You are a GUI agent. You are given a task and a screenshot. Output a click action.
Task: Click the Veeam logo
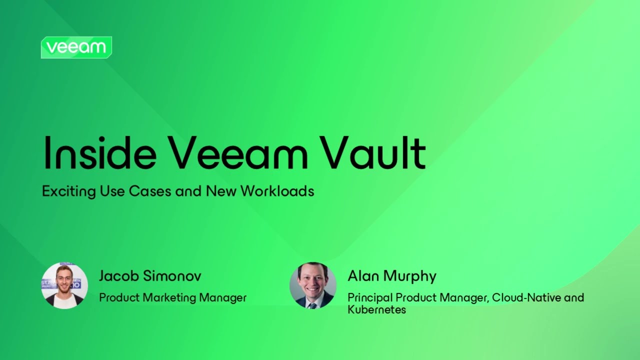click(76, 47)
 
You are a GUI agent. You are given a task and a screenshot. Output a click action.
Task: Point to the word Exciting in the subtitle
click(63, 191)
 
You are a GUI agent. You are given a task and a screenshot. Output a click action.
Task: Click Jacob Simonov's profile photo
click(64, 285)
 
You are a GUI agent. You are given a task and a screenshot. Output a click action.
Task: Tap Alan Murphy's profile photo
click(313, 285)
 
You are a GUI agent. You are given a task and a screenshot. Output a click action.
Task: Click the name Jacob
click(118, 276)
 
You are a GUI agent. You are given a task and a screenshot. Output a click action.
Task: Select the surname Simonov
click(171, 276)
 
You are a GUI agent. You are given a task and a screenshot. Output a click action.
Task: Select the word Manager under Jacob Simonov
click(223, 298)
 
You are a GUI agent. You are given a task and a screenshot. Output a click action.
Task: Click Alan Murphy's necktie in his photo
click(313, 304)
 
